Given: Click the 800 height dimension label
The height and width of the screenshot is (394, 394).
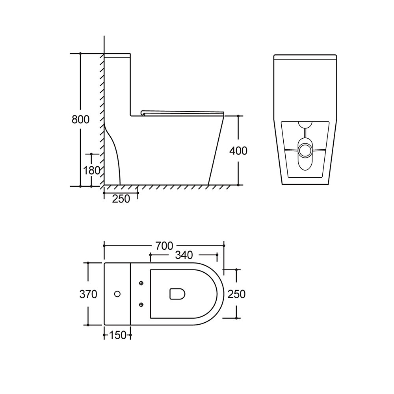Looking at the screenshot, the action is [x=80, y=119].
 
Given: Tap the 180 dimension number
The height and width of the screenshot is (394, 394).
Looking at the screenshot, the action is [x=92, y=170].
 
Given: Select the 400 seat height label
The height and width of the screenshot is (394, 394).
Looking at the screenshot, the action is [x=238, y=151].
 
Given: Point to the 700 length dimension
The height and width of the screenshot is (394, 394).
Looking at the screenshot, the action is [x=164, y=246].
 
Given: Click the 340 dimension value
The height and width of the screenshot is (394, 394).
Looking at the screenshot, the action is [x=184, y=255].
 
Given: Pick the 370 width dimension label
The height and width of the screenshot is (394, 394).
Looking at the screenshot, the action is [x=88, y=294].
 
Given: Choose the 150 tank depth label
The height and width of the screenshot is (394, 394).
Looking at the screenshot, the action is [x=117, y=335].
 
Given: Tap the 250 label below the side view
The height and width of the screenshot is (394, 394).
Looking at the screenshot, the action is [x=121, y=199].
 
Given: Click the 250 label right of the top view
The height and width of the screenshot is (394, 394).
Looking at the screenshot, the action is [x=236, y=294].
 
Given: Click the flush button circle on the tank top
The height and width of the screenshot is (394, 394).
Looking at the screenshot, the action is [x=117, y=294].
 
